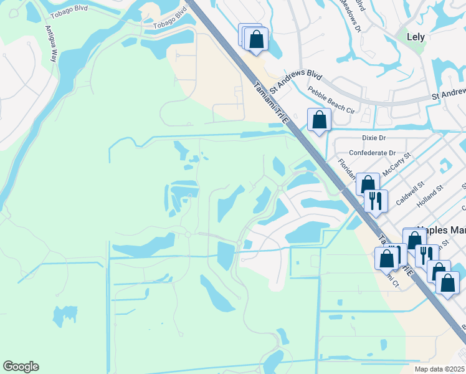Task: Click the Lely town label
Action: (416, 37)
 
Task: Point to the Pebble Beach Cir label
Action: (331, 102)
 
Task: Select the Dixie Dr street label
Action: (374, 138)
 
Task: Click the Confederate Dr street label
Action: (372, 153)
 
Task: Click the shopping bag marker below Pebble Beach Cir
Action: (319, 120)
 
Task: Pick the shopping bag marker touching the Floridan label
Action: (368, 185)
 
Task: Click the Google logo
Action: (21, 367)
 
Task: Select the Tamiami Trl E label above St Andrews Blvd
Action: (269, 102)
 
